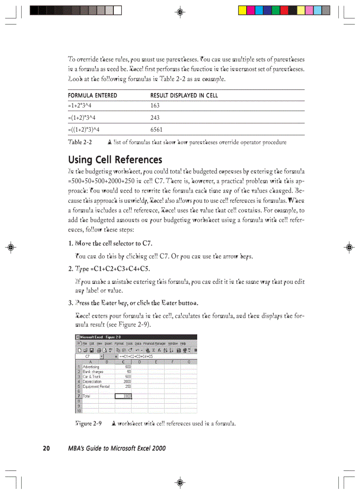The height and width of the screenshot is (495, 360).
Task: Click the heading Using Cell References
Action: tap(115, 159)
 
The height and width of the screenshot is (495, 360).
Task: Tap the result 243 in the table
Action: tap(155, 118)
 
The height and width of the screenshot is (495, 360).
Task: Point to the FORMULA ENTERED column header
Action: tap(92, 95)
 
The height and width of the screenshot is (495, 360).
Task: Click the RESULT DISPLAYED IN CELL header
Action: tap(184, 95)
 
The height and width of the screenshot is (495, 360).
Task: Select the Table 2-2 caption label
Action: tap(80, 142)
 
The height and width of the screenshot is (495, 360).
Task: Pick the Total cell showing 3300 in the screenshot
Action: tap(124, 396)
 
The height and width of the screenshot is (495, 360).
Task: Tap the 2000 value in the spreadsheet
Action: tap(127, 382)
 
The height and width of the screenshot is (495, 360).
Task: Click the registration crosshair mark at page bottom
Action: tap(180, 482)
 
